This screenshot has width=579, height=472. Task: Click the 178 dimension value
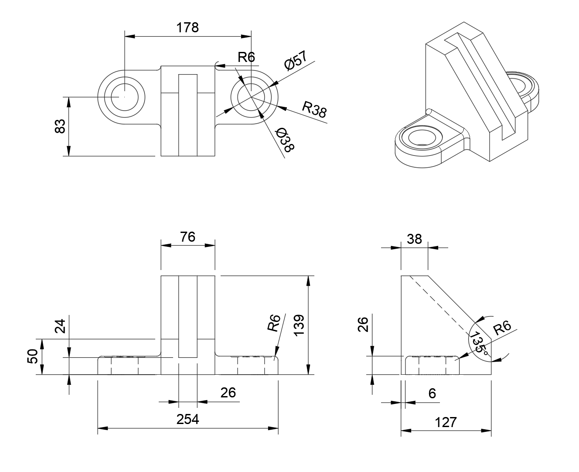pos(187,27)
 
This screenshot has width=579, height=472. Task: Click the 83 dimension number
pos(61,126)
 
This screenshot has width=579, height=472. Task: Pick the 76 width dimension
pos(187,237)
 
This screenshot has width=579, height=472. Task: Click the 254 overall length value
pos(187,419)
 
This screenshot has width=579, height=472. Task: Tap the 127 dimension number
pos(446,422)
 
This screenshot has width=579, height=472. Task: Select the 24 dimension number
pos(61,326)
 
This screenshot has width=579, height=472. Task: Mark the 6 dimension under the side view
pos(432,393)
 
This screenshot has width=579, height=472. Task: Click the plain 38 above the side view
pos(414,239)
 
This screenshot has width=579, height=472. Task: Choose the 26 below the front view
pos(228,393)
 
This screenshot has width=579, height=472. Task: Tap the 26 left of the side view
pos(363,324)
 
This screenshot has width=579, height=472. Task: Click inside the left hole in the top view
pos(125,96)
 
